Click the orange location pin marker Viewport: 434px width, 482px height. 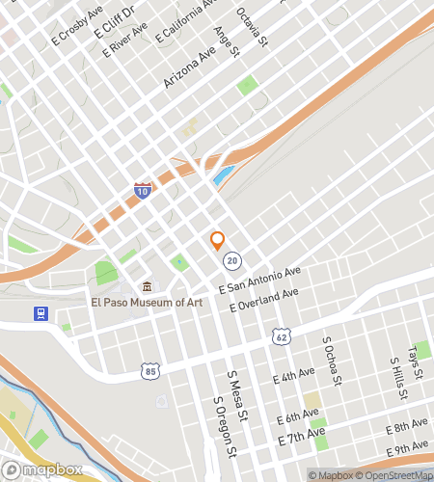[217, 240]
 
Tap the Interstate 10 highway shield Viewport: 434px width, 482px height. [143, 191]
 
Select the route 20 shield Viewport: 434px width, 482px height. [231, 260]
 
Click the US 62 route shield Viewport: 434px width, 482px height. [281, 336]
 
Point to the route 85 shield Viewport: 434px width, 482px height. [149, 370]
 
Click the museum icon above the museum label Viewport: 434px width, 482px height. [147, 286]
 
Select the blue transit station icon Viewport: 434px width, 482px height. [41, 314]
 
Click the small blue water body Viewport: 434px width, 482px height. [223, 176]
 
